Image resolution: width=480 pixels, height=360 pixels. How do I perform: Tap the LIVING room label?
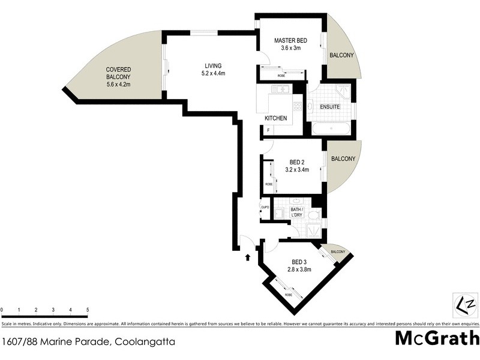pos(213,65)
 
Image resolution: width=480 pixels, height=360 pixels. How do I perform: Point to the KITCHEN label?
pos(275,118)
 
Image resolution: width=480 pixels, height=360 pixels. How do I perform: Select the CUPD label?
pos(265,208)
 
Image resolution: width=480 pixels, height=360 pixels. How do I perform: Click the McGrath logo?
pos(437,338)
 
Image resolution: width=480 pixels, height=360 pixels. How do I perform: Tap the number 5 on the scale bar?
pos(88,310)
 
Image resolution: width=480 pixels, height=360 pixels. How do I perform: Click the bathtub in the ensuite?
pos(332,128)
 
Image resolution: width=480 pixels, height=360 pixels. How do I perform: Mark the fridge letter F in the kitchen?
pos(268,130)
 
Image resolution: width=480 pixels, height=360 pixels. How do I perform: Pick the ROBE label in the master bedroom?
pos(281,76)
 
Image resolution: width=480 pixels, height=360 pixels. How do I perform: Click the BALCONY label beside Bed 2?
pos(343,159)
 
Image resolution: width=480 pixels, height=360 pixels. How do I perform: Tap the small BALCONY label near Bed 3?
pos(337,252)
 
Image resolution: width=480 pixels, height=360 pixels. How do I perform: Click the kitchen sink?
pos(280,90)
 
